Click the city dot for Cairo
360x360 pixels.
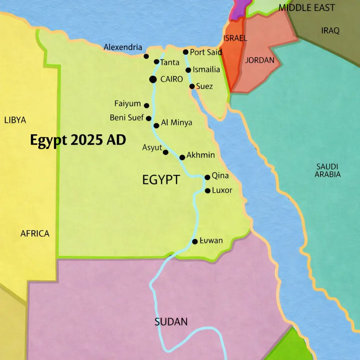pos(153,79)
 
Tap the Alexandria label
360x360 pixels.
pos(123,47)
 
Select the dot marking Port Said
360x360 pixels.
pos(186,52)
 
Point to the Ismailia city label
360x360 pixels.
pos(206,70)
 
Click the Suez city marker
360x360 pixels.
pos(192,86)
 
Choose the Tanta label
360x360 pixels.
pos(169,63)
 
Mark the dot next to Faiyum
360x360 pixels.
pos(147,105)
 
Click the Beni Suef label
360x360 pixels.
pos(127,118)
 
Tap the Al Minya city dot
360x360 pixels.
pos(156,126)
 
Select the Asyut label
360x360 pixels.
pos(152,148)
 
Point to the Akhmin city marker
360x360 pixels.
pos(182,157)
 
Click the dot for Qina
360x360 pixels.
pos(207,178)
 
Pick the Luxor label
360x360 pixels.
pos(222,191)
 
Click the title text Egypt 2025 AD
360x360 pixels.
pos(78,140)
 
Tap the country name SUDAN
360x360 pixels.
pos(171,322)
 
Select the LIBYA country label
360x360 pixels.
pos(15,120)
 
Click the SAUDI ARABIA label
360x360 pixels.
pos(327,170)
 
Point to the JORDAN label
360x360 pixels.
pos(260,60)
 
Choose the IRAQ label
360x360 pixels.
pos(330,31)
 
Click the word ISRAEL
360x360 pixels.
pos(235,38)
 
